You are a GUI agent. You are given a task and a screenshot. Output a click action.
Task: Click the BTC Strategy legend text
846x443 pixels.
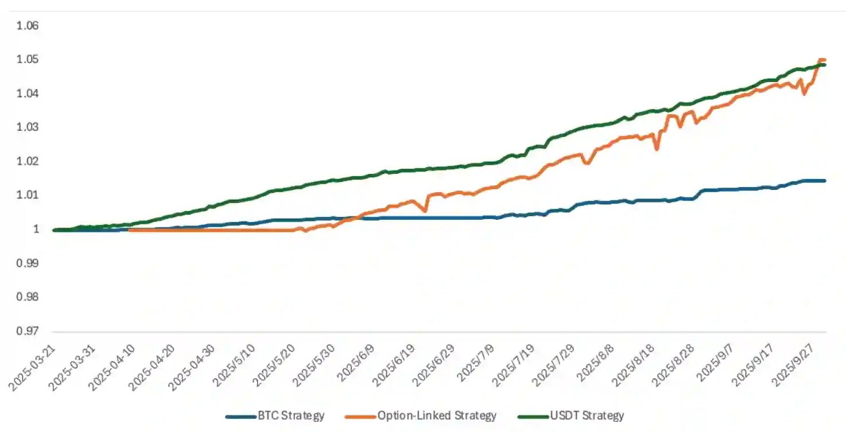click(x=291, y=415)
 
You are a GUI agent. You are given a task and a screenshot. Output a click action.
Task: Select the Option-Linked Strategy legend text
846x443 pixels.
click(x=437, y=415)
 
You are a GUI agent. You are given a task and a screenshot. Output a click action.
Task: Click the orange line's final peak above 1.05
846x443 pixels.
click(x=821, y=60)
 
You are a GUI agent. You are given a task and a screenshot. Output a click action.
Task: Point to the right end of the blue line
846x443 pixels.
click(x=825, y=181)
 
